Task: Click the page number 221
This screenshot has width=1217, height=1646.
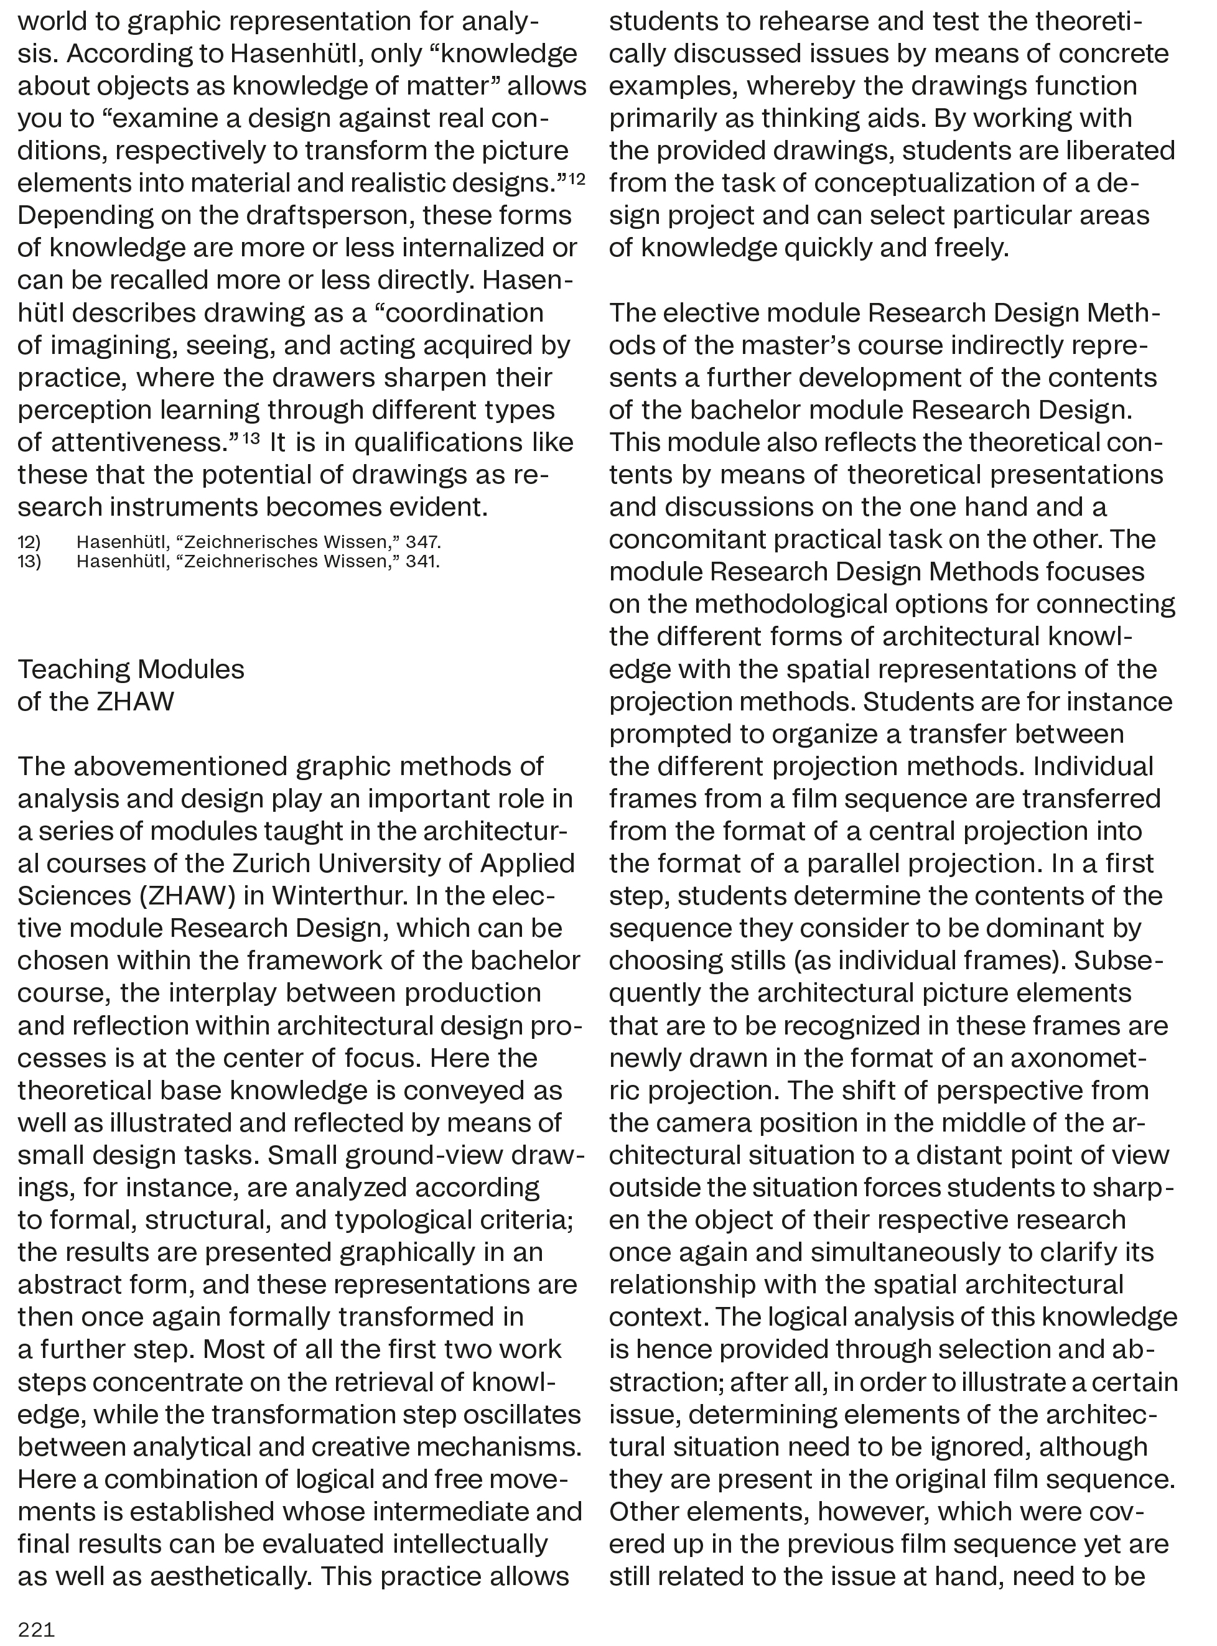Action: (x=36, y=1629)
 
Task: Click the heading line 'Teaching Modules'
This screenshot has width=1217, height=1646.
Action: (x=131, y=669)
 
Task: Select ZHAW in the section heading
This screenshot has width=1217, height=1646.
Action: (x=136, y=701)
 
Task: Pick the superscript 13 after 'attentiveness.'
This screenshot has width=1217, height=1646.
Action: (x=251, y=437)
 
